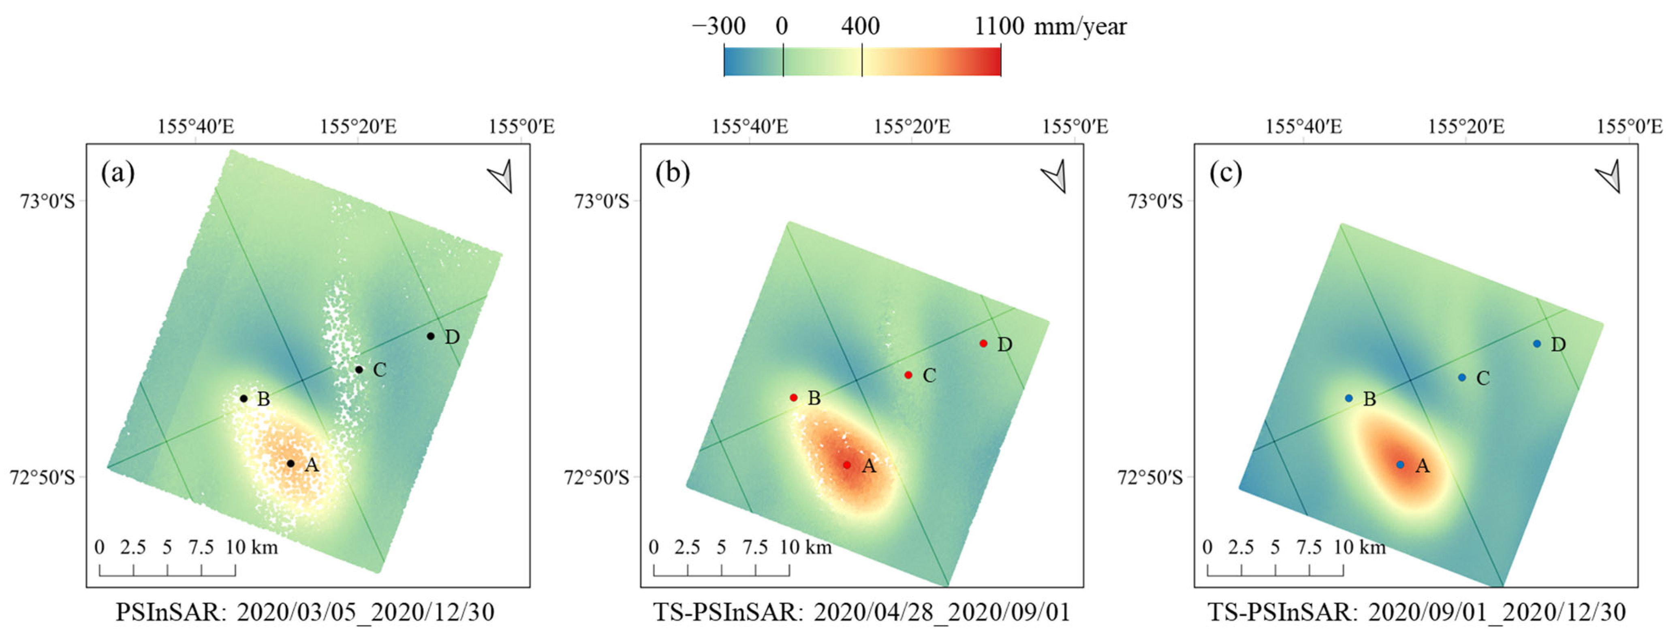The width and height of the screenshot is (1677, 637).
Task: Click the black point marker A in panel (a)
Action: coord(291,463)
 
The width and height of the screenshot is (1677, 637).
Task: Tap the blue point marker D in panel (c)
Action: coord(1537,343)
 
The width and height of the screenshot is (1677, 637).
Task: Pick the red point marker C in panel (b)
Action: coord(908,375)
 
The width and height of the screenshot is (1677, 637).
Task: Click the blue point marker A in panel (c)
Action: coord(1400,464)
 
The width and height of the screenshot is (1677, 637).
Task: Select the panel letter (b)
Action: coord(673,173)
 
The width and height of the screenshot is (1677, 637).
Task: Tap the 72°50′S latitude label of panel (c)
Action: coord(1150,477)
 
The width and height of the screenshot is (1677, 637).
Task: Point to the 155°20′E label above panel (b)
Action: coord(911,126)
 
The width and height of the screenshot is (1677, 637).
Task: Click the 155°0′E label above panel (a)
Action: coord(521,126)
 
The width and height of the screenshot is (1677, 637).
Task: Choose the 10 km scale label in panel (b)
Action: coord(806,547)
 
